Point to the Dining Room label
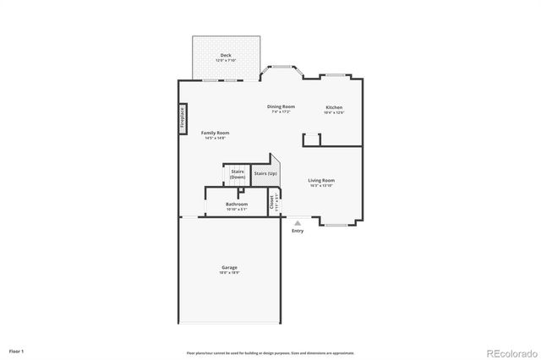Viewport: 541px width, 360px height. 281,107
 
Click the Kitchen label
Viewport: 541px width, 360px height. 334,108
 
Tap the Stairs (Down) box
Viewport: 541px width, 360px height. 238,174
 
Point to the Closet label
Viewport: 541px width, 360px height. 273,202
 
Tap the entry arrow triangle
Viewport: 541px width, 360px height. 297,223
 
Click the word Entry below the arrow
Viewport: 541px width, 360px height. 297,231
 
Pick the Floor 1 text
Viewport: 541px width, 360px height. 16,350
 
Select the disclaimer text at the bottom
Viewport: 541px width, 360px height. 270,353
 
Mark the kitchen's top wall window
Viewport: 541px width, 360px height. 336,76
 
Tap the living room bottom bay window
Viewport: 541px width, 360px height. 336,224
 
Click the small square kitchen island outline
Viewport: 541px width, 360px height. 310,139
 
